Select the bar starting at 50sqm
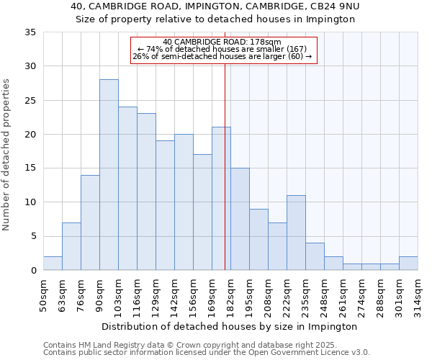(x=53, y=263)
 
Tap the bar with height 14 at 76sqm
(x=90, y=222)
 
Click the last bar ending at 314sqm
(x=408, y=263)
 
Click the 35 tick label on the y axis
(x=30, y=32)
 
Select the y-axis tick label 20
(x=30, y=135)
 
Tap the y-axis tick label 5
(x=32, y=236)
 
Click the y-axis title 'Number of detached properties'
(x=8, y=155)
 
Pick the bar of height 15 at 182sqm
(x=240, y=219)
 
